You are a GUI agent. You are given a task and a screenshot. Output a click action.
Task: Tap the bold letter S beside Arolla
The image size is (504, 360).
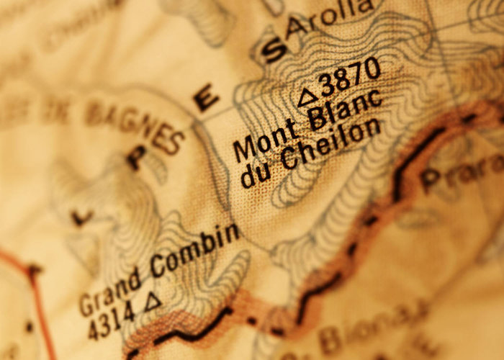click(274, 51)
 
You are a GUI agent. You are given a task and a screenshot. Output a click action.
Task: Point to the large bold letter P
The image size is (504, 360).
click(137, 157)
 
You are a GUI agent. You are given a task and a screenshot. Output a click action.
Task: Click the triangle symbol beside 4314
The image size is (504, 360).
click(153, 301)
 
